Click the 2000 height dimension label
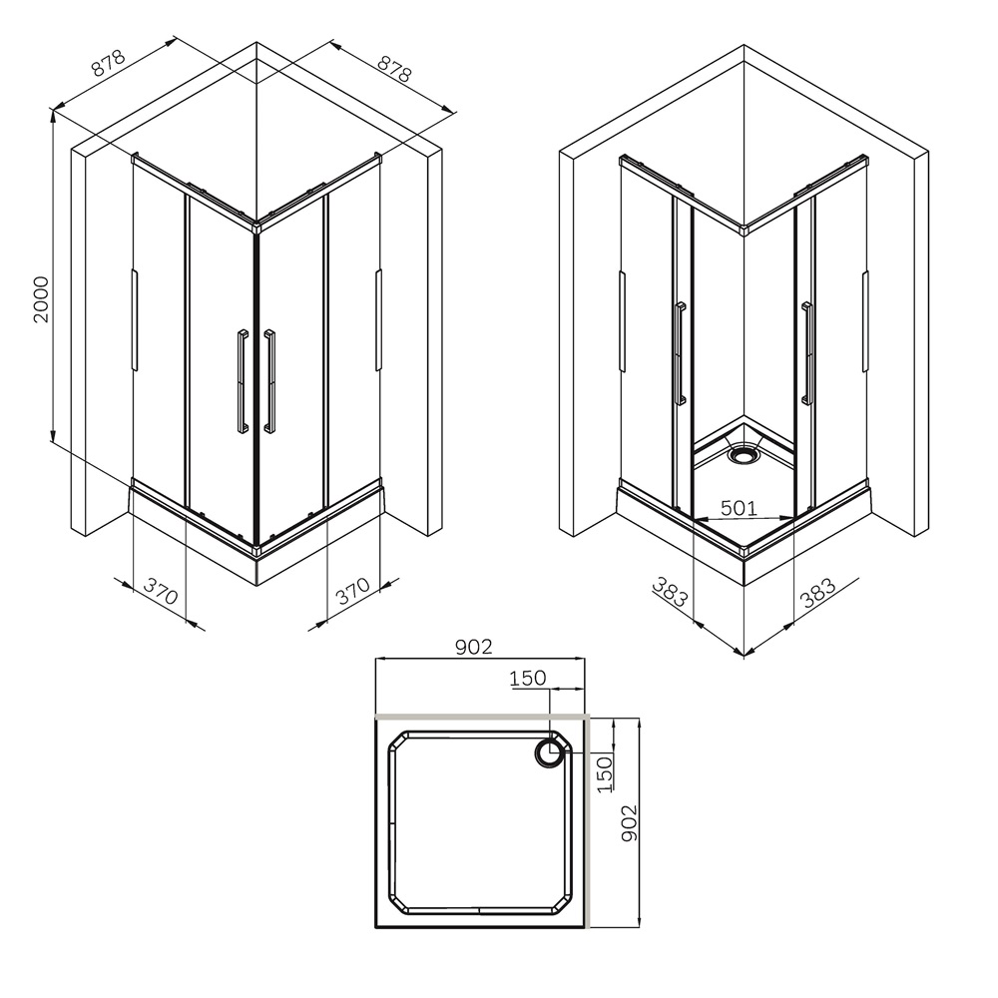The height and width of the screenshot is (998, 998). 41,299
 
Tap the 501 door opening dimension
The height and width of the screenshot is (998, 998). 739,508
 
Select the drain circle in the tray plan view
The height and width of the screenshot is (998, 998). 549,753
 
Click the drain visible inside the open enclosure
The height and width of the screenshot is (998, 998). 744,454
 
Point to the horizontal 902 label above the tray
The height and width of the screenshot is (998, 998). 474,647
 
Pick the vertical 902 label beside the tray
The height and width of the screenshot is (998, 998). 629,822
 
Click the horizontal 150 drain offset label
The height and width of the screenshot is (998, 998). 528,679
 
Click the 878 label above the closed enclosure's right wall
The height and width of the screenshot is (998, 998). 394,68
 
